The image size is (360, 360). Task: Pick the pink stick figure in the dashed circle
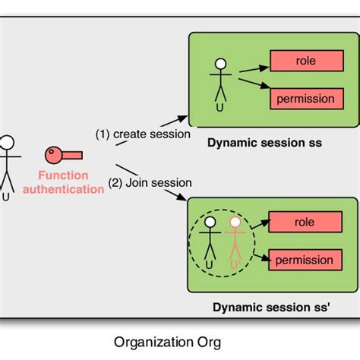tap(235, 243)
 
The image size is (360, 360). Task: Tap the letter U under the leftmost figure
tap(6, 196)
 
